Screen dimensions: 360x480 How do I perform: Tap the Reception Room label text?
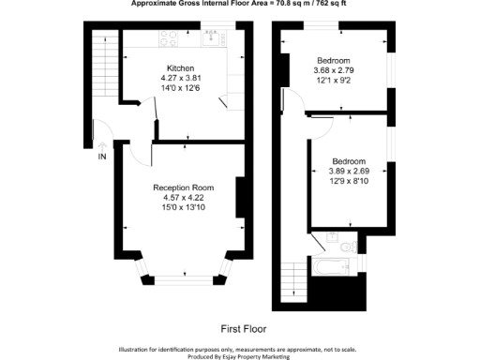[177, 188]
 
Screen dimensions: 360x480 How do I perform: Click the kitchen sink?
[212, 38]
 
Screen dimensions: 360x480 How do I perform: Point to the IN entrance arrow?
[102, 145]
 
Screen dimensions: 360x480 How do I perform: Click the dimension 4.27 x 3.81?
[180, 79]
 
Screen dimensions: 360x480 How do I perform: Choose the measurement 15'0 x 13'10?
[177, 208]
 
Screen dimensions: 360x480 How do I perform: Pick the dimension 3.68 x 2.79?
[334, 69]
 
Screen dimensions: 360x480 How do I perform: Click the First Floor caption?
[244, 329]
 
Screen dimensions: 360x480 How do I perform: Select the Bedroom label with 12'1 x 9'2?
[334, 59]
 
